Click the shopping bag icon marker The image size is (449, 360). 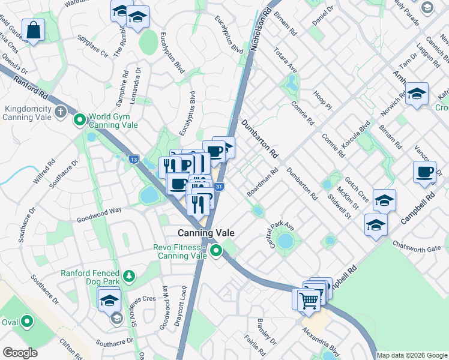point(34,29)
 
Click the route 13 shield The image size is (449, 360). point(133,159)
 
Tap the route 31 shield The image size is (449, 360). point(220,187)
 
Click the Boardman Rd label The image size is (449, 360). point(262,182)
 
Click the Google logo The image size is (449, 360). point(20,353)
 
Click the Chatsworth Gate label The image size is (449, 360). point(417,247)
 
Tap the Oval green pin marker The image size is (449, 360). point(27,322)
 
